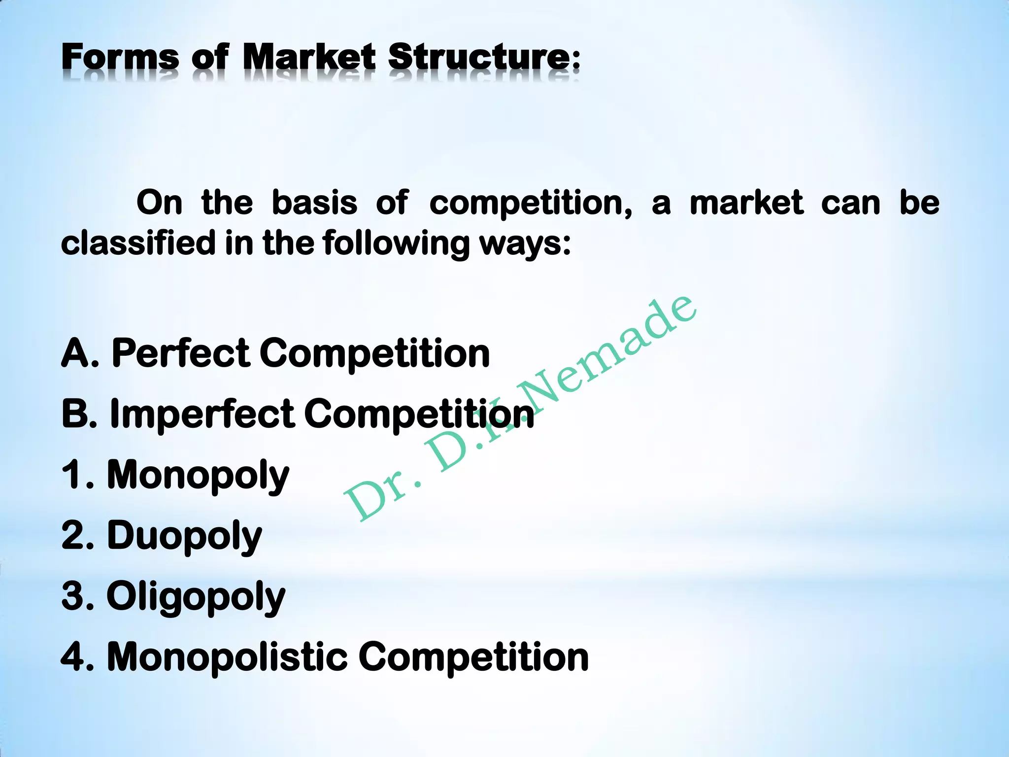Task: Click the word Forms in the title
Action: (120, 57)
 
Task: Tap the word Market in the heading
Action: (308, 57)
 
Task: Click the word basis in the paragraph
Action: (314, 203)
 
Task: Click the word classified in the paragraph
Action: (138, 243)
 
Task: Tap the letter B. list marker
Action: (79, 413)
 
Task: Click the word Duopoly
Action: (184, 536)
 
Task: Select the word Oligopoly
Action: (196, 597)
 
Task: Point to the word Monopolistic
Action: (227, 657)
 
